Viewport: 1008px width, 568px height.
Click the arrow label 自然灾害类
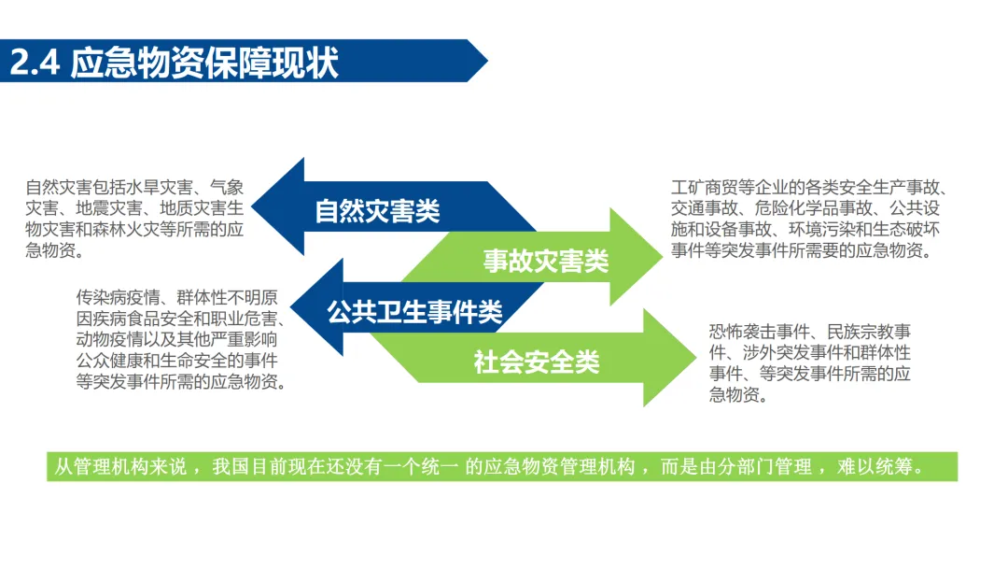click(377, 211)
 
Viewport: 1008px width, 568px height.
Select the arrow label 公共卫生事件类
click(414, 312)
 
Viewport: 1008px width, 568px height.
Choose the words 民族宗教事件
click(857, 332)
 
